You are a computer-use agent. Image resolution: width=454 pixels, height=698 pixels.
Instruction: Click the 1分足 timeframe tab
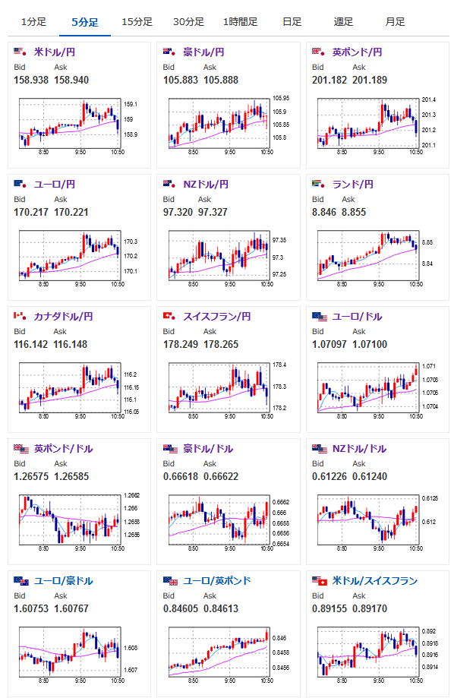point(33,22)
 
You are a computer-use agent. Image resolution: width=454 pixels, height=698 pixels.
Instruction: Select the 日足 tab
point(292,22)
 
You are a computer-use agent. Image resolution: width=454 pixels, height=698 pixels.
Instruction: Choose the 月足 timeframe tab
point(395,22)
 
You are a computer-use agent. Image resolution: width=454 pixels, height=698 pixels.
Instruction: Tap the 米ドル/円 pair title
point(55,52)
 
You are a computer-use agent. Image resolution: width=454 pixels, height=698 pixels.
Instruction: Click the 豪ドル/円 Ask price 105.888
point(221,80)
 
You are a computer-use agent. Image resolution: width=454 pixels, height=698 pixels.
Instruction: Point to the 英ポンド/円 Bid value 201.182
point(329,80)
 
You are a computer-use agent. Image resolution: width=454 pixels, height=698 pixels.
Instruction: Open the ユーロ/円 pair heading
point(55,185)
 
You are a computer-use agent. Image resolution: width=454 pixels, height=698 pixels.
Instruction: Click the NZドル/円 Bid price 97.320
point(178,213)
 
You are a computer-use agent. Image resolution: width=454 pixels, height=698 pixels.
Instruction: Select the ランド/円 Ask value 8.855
point(354,213)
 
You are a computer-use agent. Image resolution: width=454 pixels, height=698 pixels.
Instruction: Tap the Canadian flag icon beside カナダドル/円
point(20,316)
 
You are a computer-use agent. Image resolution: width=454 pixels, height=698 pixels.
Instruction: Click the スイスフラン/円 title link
point(217,317)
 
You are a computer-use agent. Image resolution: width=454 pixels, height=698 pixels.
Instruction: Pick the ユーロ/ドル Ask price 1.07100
point(370,345)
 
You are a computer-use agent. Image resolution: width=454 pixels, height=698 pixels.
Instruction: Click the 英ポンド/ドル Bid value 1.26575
point(31,477)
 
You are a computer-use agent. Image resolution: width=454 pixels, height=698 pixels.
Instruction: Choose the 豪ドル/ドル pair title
point(208,449)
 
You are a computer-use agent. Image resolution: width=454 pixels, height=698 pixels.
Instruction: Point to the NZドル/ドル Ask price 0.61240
point(370,477)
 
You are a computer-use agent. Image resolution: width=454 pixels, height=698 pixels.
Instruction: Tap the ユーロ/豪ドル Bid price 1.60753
point(31,609)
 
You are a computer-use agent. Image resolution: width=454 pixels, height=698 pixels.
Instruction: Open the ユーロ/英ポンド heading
point(217,581)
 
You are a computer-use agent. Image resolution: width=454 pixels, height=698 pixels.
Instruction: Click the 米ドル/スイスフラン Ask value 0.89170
point(370,609)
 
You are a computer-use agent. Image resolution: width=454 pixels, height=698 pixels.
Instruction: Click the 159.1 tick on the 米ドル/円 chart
point(131,104)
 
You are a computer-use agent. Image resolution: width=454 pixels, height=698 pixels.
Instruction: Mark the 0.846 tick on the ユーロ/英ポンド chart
point(279,638)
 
